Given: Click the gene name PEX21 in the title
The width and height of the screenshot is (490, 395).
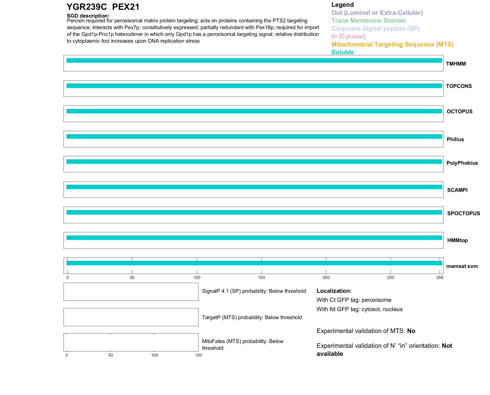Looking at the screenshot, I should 126,7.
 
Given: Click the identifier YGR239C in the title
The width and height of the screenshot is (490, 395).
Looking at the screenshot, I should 87,7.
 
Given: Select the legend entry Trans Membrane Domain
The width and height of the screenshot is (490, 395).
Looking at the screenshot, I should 369,21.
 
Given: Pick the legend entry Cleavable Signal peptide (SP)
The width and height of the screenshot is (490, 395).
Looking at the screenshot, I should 375,29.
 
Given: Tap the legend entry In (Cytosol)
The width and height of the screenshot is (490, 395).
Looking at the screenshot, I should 349,36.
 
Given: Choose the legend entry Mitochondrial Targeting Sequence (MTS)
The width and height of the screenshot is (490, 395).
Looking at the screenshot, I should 392,44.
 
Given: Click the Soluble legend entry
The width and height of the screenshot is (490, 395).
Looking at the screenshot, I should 342,52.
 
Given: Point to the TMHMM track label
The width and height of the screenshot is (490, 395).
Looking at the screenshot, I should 456,64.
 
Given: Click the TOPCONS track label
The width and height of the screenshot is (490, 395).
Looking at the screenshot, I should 459,86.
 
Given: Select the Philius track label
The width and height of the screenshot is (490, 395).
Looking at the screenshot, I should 455,139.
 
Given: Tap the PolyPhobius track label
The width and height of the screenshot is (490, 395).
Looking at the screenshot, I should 462,163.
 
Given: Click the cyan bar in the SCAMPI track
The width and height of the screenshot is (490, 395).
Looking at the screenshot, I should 254,187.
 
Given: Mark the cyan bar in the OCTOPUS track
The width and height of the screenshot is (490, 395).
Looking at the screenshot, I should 254,111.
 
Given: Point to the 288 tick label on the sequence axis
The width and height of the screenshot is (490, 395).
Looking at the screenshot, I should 439,277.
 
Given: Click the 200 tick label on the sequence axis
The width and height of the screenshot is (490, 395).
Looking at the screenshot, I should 326,277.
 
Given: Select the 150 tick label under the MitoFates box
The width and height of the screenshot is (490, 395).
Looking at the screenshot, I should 199,355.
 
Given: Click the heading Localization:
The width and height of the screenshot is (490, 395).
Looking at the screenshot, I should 334,291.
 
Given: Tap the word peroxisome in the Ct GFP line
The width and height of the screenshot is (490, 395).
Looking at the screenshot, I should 376,300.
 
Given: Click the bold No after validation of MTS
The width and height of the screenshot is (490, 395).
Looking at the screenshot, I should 411,331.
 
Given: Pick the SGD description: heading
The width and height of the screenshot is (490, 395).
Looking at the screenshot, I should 88,16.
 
